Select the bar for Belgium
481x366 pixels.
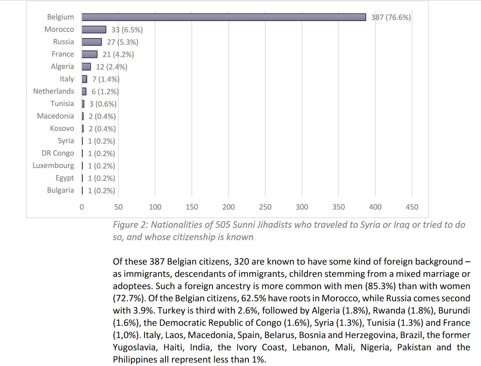(x=223, y=17)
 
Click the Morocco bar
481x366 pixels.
(x=94, y=29)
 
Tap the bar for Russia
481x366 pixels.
(x=92, y=42)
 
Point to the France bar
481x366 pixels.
(x=89, y=54)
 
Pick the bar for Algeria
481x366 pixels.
(x=86, y=67)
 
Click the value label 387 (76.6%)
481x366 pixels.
(x=391, y=18)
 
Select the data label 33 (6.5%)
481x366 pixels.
(x=126, y=30)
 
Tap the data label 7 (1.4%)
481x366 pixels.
(x=105, y=79)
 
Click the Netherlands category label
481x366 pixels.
(x=53, y=91)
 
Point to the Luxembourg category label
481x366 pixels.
(x=53, y=165)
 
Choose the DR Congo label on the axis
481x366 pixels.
(x=57, y=153)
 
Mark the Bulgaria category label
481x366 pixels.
(x=60, y=190)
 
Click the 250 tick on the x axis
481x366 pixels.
(x=265, y=207)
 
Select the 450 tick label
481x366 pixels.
(x=412, y=207)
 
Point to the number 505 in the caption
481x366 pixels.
(x=224, y=225)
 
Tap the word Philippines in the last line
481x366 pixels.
(x=133, y=360)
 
